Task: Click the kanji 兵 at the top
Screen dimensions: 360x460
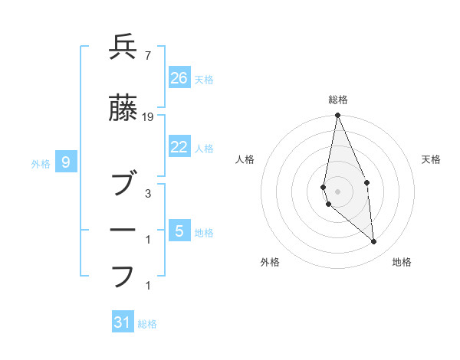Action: [123, 47]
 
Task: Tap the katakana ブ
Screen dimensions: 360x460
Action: [123, 184]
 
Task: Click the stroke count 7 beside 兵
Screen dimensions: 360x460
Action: [147, 56]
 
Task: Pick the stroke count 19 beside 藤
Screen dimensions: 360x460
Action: [148, 117]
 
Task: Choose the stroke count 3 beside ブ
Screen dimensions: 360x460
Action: [147, 194]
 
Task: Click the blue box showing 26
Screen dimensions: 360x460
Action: [179, 77]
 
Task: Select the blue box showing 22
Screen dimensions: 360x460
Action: [179, 147]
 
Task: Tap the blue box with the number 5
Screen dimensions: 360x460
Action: [179, 231]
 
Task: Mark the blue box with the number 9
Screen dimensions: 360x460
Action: [67, 162]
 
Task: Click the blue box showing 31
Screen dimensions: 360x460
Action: [123, 322]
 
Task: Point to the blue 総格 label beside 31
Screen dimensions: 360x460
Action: [147, 324]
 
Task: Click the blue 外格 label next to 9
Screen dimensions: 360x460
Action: [41, 163]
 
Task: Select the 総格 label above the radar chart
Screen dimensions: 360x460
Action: [338, 100]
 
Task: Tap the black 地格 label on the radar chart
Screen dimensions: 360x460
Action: [402, 262]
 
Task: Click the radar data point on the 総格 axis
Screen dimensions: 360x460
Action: [338, 116]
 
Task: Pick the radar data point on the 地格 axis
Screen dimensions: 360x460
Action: [374, 242]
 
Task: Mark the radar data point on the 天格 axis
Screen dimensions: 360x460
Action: [367, 182]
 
